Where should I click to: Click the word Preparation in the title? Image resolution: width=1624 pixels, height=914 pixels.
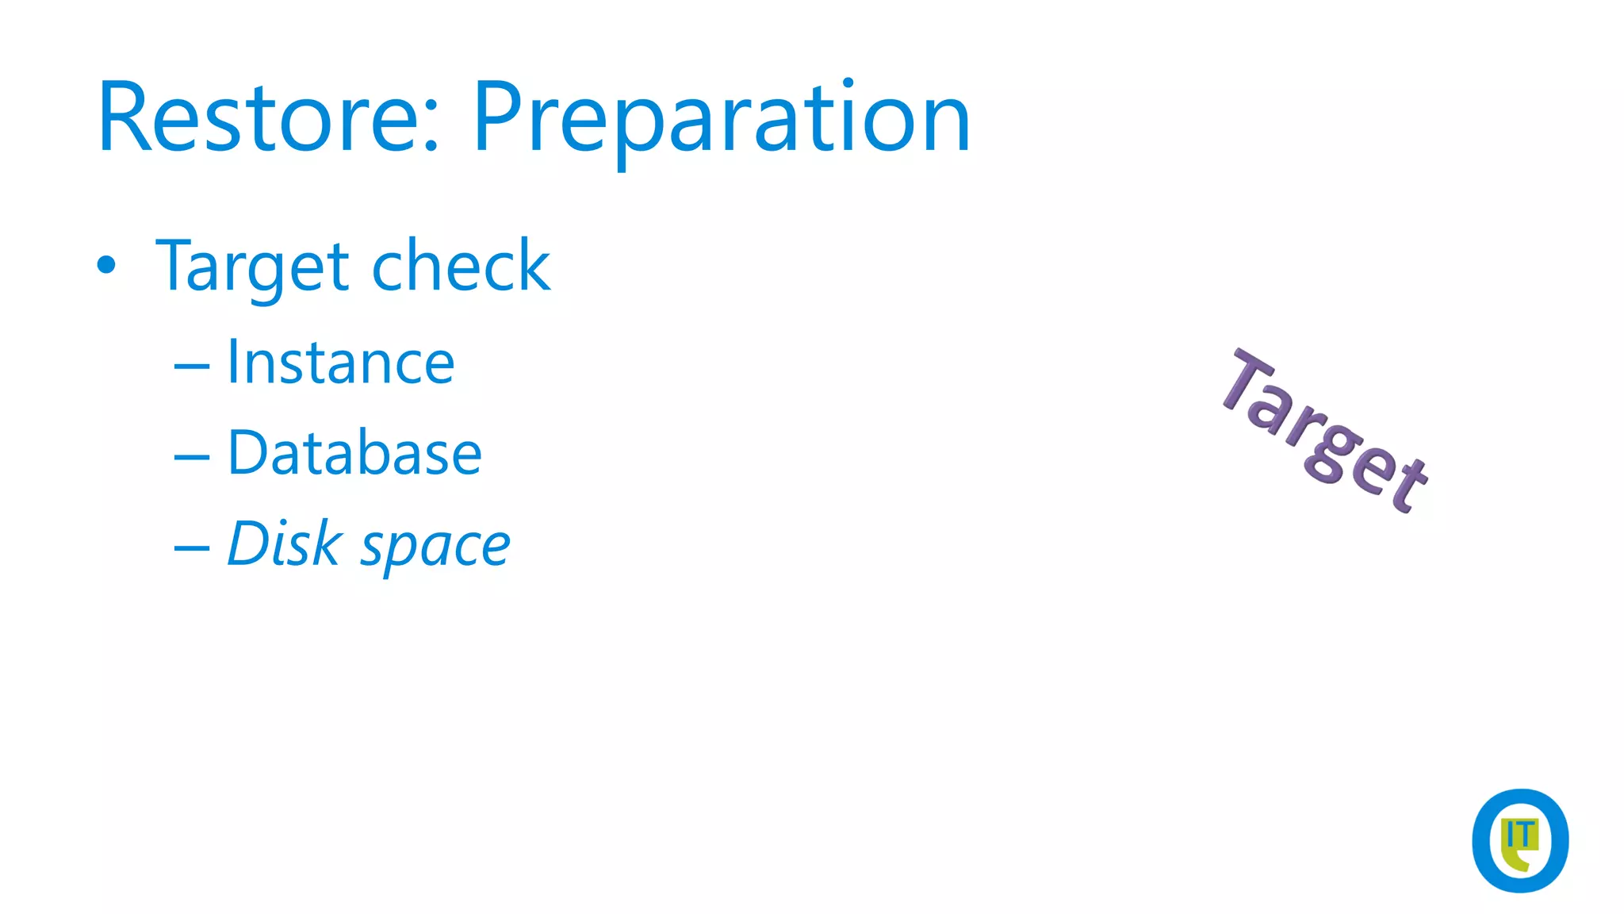(721, 119)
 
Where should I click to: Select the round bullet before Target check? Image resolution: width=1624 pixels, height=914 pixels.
(106, 265)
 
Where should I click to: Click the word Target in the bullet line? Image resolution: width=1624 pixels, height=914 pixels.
(252, 267)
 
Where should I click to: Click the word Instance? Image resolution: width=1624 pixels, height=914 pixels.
(340, 363)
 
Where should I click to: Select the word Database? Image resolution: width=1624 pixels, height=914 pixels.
(354, 453)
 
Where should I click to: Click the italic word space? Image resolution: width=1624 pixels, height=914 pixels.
(435, 547)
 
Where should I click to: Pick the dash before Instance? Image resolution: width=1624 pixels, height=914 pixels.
(191, 367)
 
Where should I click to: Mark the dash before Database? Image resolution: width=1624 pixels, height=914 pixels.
(191, 458)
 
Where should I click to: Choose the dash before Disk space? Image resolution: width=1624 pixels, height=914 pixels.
(191, 548)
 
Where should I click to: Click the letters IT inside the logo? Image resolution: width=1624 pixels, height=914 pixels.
(1520, 835)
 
